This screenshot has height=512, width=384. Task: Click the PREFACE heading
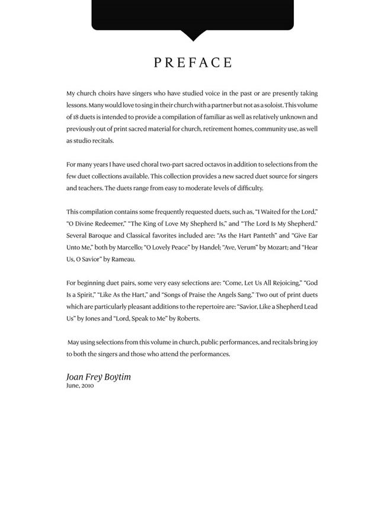pos(193,63)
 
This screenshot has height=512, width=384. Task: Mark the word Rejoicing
pos(279,283)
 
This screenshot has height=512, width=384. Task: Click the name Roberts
pos(188,319)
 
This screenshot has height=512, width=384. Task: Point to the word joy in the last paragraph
pos(312,343)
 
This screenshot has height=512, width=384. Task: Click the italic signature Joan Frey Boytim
pos(98,377)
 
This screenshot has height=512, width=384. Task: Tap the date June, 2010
pos(80,386)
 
